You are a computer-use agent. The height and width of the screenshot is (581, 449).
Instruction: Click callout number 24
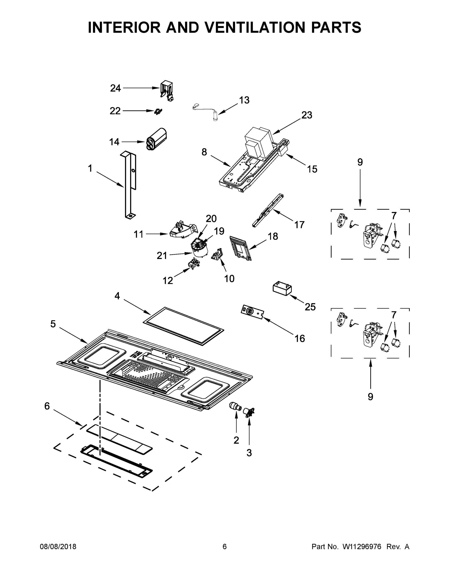115,88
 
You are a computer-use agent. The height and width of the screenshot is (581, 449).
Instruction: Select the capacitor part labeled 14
157,139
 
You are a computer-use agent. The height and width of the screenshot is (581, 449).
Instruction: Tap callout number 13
244,100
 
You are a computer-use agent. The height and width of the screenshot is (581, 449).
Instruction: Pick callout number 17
299,225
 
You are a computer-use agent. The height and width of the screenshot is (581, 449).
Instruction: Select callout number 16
299,338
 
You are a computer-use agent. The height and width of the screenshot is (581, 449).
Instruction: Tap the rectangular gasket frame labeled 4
183,326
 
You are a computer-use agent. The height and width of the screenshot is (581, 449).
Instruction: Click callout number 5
53,324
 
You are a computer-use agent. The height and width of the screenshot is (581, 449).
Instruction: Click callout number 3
249,452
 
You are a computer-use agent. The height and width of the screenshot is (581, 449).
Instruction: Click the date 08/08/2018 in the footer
58,546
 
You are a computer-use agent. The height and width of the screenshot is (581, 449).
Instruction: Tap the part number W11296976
362,546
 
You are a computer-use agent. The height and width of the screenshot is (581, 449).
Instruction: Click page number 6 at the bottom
225,546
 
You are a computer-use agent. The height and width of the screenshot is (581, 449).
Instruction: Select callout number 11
138,234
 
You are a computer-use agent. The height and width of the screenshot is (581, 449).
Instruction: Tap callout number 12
167,280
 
